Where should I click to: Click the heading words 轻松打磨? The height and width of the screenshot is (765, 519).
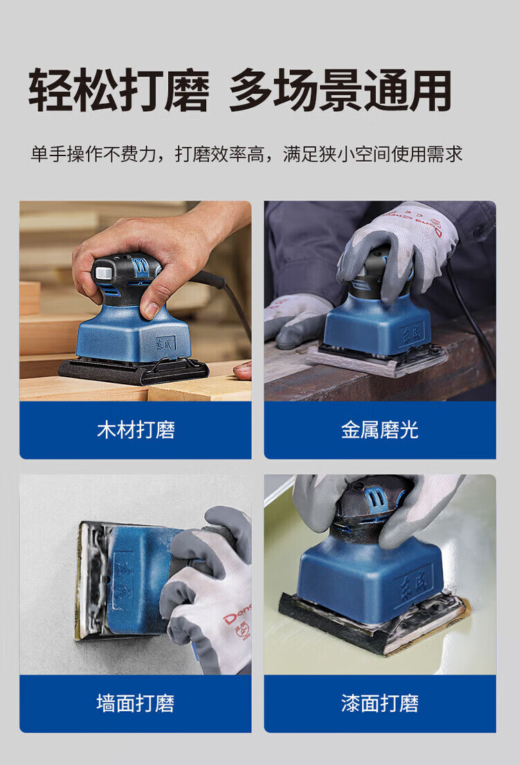coord(119,91)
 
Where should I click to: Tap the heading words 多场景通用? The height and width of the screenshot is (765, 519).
coord(340,91)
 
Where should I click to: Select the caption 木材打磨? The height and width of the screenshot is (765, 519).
coord(136,430)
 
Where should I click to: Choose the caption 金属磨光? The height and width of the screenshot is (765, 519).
coord(380,430)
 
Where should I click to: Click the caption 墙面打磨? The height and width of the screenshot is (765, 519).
coord(136,703)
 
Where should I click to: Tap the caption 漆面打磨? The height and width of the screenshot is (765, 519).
coord(380,703)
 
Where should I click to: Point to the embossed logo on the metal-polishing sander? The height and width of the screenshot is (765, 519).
coord(412,334)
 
